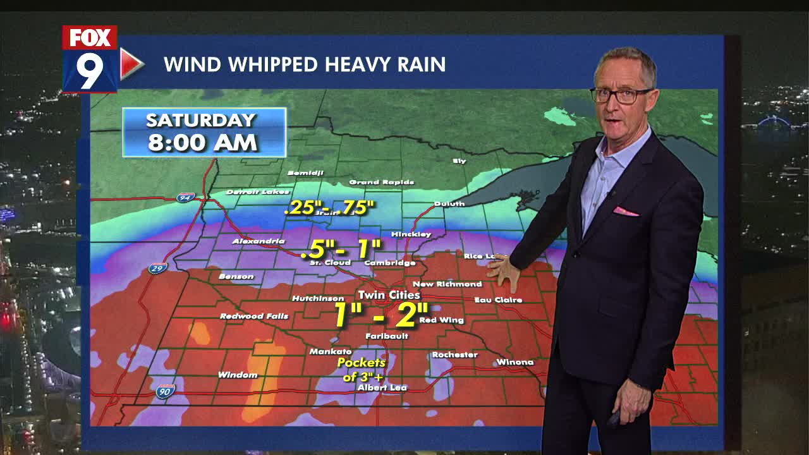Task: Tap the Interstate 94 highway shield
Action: click(185, 198)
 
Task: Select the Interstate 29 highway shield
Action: click(158, 269)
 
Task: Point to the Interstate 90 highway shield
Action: click(165, 392)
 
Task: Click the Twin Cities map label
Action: click(389, 295)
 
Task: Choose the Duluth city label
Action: click(449, 204)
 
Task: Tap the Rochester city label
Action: click(454, 355)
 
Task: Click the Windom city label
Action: click(238, 375)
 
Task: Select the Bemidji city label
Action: click(306, 173)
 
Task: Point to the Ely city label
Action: click(459, 161)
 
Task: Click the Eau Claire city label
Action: click(498, 300)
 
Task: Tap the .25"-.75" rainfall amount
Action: click(329, 207)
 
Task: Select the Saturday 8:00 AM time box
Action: click(204, 132)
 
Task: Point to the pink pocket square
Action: click(625, 211)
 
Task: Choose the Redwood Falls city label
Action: click(254, 316)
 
